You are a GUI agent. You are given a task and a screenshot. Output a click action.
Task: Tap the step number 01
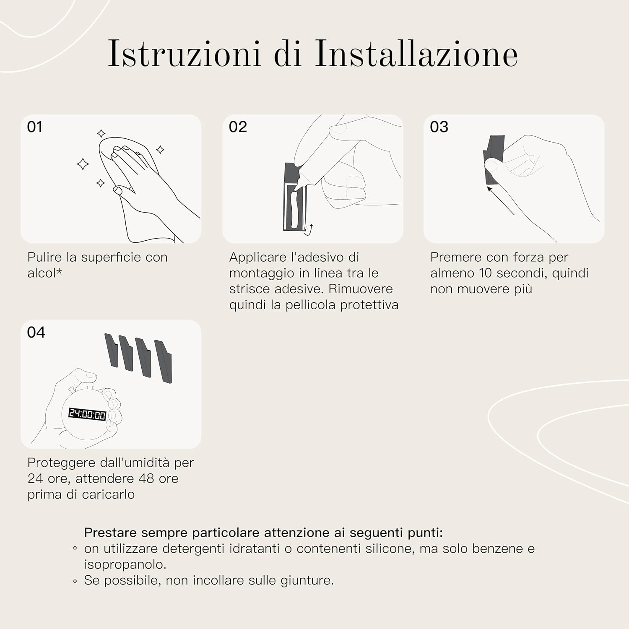pos(35,127)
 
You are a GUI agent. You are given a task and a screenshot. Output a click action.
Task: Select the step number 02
pos(238,127)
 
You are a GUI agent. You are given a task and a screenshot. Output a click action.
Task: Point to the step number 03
pos(439,127)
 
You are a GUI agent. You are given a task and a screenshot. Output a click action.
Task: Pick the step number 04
pos(36,333)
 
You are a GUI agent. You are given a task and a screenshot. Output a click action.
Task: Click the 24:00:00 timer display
pos(87,414)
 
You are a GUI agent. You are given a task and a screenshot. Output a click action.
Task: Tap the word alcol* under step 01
pos(45,273)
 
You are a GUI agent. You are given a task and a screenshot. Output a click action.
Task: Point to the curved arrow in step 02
pos(309,230)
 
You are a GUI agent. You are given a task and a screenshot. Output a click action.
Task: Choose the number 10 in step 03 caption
pos(485,273)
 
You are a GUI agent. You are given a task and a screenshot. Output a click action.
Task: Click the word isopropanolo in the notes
pos(125,565)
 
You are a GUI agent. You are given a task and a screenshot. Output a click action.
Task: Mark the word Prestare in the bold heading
pos(111,533)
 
